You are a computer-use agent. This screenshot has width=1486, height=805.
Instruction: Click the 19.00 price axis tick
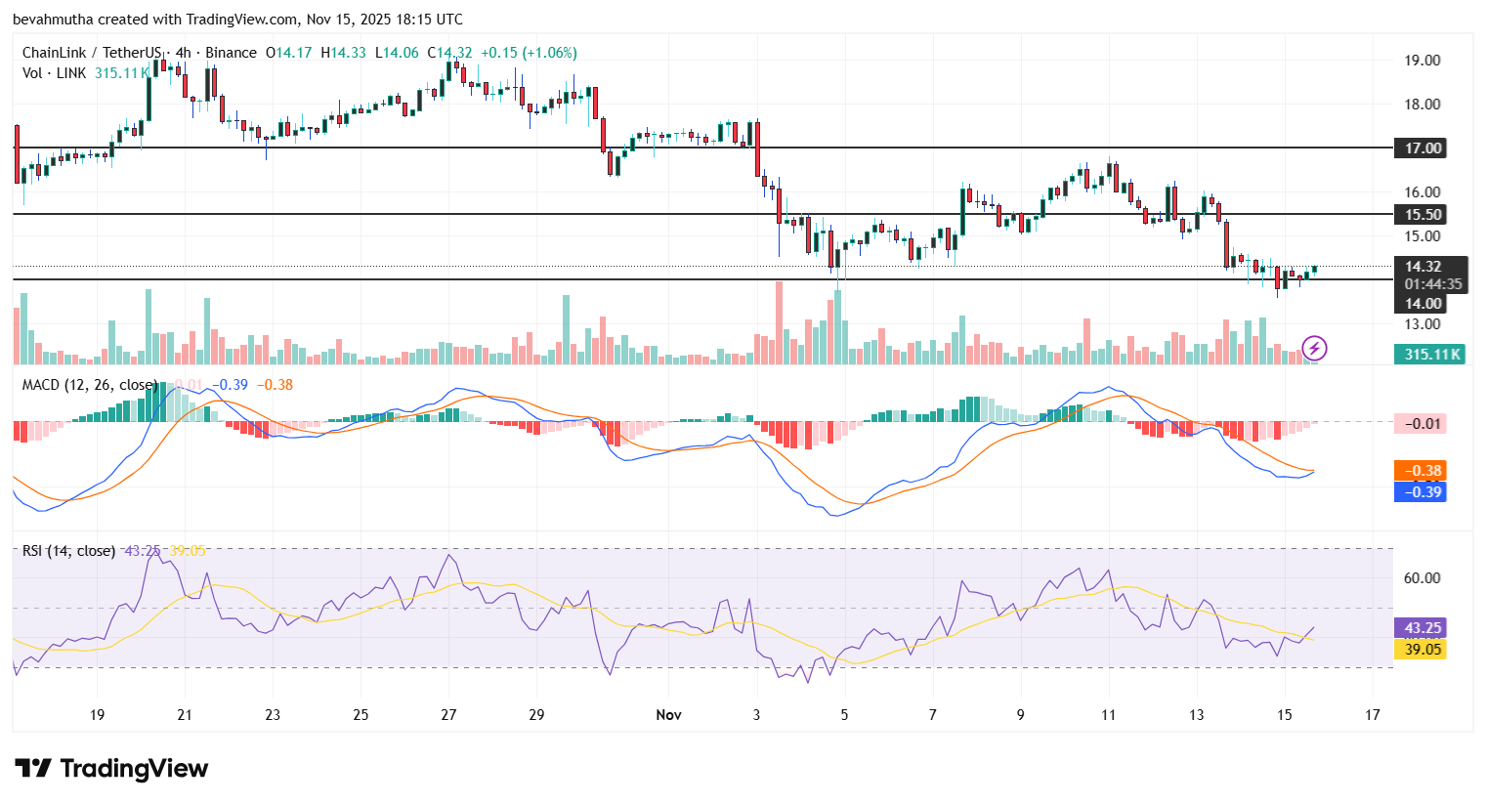[x=1422, y=61]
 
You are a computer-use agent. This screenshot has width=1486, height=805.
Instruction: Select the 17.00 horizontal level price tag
[x=1422, y=148]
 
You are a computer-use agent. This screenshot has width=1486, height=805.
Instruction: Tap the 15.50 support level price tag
[x=1422, y=215]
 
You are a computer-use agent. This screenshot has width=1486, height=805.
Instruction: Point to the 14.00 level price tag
[x=1422, y=304]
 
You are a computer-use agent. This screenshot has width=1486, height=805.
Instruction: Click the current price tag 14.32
[x=1422, y=267]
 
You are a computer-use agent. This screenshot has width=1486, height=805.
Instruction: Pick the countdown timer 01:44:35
[x=1432, y=284]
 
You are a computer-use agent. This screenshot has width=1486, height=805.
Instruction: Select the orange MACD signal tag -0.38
[x=1422, y=471]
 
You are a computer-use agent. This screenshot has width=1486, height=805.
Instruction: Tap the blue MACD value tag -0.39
[x=1422, y=491]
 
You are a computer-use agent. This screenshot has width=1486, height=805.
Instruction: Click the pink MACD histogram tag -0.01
[x=1422, y=424]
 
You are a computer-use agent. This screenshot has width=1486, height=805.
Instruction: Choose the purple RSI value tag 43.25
[x=1422, y=628]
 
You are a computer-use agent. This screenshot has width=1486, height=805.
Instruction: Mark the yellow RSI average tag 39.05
[x=1422, y=650]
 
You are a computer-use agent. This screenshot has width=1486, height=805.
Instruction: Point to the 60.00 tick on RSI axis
[x=1422, y=578]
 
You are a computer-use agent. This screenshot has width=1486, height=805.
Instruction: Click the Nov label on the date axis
[x=668, y=715]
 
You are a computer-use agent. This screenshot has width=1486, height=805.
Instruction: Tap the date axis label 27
[x=448, y=715]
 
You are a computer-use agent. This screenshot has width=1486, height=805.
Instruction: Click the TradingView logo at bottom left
[x=111, y=769]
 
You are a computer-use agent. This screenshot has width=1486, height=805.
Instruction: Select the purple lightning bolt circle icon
[x=1314, y=348]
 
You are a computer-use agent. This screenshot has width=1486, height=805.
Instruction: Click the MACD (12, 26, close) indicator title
[x=89, y=385]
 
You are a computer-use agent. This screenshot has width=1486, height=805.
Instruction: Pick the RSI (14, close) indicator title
[x=68, y=551]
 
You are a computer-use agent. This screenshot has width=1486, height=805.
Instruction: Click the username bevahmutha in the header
[x=53, y=20]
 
